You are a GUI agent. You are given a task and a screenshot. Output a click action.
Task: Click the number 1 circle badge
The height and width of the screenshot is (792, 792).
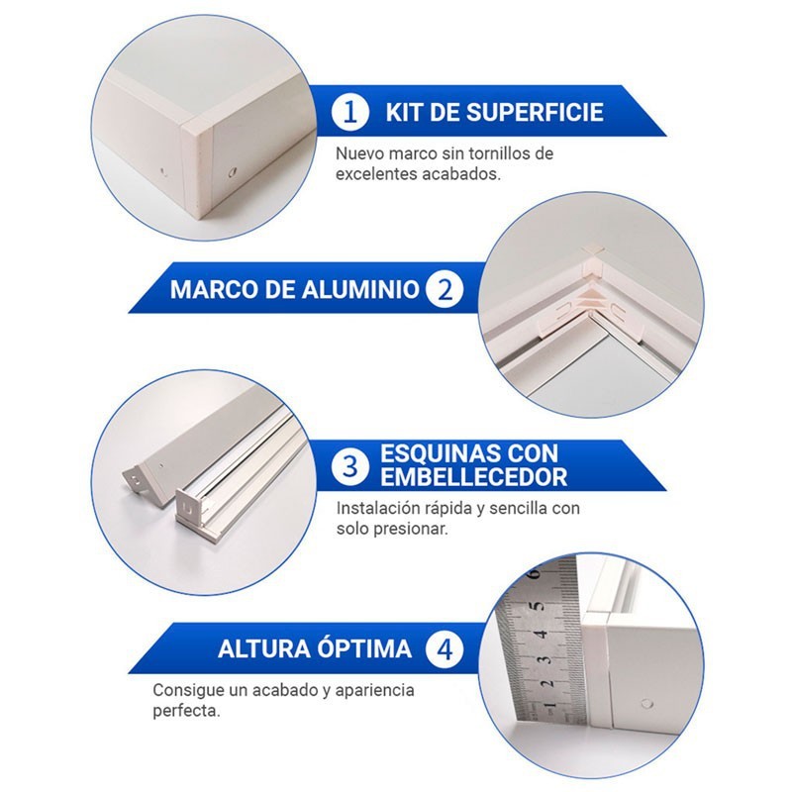(350, 112)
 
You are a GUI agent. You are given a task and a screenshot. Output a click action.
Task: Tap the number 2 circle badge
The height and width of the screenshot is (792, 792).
(445, 289)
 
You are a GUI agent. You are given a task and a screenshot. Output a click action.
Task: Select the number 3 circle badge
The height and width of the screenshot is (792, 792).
(350, 466)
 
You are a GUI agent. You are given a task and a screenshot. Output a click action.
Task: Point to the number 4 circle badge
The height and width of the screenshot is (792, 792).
(445, 648)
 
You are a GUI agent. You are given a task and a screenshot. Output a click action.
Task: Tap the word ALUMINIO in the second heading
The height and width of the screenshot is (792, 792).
(361, 290)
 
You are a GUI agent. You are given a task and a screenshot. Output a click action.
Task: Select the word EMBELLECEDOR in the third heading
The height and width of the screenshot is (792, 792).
(474, 477)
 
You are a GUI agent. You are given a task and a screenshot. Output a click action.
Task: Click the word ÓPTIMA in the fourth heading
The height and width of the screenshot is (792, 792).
(364, 647)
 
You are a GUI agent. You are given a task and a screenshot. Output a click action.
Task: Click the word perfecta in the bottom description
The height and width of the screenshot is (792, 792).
(186, 712)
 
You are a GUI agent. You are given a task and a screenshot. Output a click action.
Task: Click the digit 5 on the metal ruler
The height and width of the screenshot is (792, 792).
(539, 606)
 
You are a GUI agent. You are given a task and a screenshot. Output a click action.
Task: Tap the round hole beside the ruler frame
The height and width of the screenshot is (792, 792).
(646, 703)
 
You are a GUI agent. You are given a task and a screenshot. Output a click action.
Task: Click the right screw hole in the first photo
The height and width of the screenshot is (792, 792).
(233, 172)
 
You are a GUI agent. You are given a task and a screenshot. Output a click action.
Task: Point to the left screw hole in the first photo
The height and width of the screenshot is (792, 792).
(162, 171)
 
